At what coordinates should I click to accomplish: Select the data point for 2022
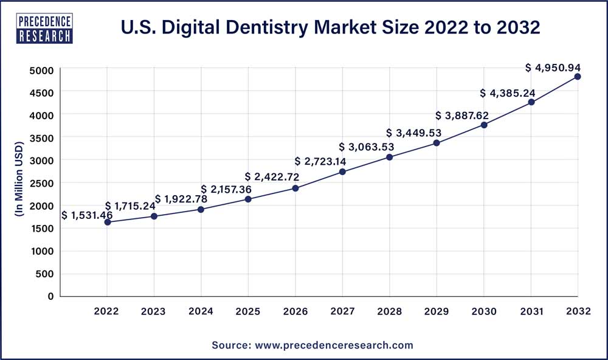point(108,222)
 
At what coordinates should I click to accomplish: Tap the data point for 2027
point(342,171)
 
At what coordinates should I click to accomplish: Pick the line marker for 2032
point(578,77)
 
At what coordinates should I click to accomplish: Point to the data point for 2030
point(484,125)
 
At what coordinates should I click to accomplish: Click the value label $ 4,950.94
point(552,67)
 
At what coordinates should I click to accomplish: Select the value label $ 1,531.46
point(87,215)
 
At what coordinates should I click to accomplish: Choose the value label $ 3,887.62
point(462,116)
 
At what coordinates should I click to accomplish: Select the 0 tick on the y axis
point(50,296)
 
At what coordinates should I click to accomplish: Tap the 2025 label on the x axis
point(248,311)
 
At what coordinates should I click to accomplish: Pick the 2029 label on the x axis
point(437,311)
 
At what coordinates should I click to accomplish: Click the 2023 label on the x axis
point(154,311)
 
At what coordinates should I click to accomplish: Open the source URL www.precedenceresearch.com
point(333,345)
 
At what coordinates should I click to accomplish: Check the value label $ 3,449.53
point(413,133)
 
